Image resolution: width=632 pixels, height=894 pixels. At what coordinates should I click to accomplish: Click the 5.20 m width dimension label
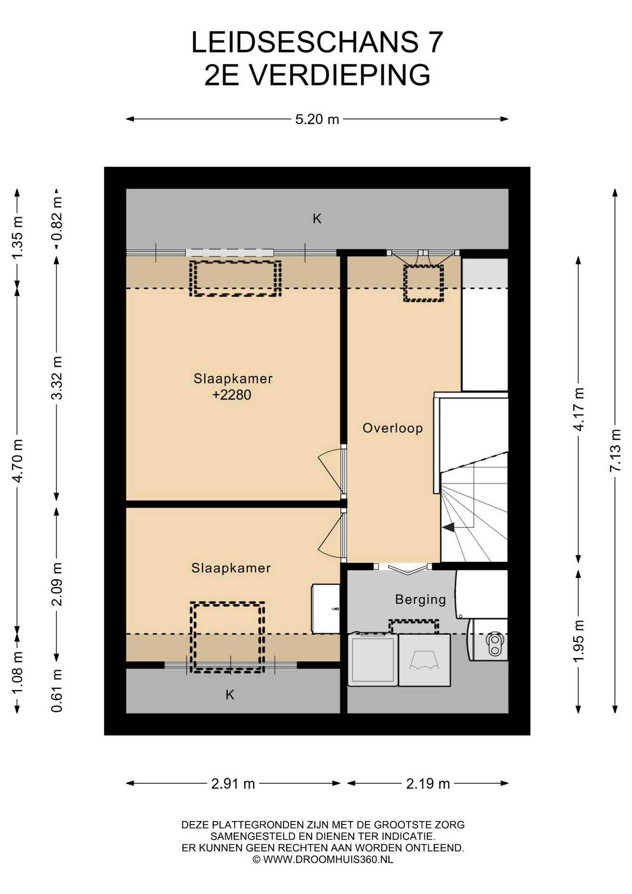click(x=317, y=119)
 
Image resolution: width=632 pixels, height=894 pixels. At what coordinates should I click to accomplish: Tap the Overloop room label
click(x=393, y=428)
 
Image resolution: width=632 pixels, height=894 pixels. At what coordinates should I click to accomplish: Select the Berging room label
click(x=420, y=599)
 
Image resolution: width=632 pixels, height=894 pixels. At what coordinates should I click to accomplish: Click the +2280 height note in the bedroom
click(x=232, y=395)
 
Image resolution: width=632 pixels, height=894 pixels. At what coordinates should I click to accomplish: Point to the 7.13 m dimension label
click(x=615, y=450)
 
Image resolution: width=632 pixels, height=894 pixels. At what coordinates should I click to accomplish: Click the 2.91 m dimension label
click(x=233, y=784)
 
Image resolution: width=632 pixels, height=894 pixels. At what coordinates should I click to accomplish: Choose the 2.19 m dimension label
click(x=428, y=784)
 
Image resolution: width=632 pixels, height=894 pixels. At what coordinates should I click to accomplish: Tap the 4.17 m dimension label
click(x=578, y=409)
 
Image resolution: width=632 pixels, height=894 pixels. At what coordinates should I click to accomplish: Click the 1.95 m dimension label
click(x=578, y=641)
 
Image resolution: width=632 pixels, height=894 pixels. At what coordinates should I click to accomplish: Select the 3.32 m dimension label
click(x=57, y=378)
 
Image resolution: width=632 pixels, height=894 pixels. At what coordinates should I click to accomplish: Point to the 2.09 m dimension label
click(x=57, y=584)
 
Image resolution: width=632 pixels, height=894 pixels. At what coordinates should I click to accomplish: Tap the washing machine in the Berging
click(x=373, y=659)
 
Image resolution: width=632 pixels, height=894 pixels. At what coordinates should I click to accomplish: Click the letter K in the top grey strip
click(x=317, y=218)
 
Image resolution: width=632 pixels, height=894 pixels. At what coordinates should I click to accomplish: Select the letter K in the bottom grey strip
click(x=230, y=695)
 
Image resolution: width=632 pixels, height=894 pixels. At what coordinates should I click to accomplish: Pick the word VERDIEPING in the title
click(x=340, y=75)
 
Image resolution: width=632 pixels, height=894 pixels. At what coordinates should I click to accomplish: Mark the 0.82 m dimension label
click(x=57, y=219)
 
